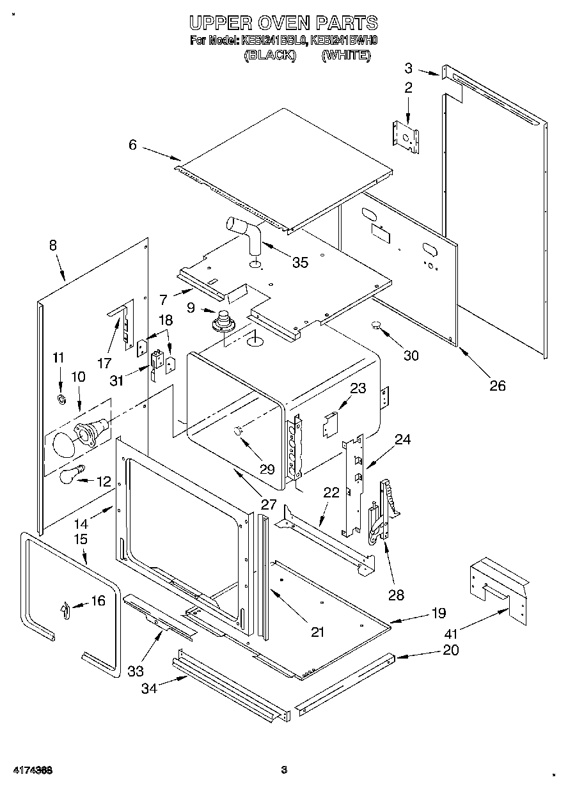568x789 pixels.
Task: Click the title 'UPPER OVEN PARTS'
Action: (x=283, y=24)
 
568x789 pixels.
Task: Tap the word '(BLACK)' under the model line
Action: (x=270, y=56)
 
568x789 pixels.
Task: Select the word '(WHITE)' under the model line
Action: (x=346, y=56)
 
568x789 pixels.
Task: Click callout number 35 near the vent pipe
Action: (x=299, y=262)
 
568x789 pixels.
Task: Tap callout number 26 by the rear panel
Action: (x=497, y=385)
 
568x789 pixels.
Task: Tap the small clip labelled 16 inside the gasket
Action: (x=66, y=611)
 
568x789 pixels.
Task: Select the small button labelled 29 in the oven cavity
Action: (x=239, y=432)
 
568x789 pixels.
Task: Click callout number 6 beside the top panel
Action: (x=132, y=145)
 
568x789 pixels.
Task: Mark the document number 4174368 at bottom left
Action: (x=31, y=770)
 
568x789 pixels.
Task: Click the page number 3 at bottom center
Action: (x=284, y=770)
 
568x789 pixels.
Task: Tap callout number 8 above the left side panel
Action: (x=52, y=245)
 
